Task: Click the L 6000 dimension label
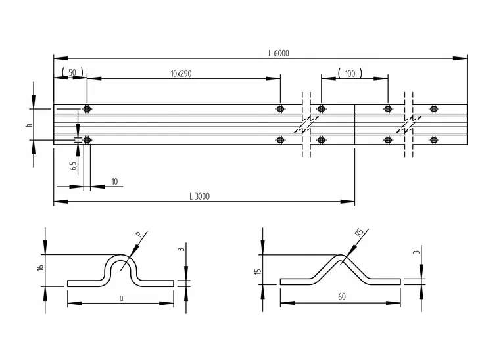pos(279,53)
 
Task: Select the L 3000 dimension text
pos(200,196)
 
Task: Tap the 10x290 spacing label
pos(181,74)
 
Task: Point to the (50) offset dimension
pos(72,72)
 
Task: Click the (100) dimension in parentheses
pos(350,74)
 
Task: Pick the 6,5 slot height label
pos(74,166)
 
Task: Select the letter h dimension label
pos(29,125)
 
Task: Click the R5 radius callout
pos(360,233)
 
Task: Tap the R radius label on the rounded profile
pos(139,235)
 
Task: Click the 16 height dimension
pos(40,267)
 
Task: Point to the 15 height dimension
pos(258,271)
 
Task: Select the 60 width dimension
pos(342,297)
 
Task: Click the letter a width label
pos(122,298)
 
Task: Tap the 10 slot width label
pos(114,182)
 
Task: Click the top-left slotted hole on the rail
pos(87,109)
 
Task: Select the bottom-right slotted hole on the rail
pos(433,140)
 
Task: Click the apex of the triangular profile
pos(341,255)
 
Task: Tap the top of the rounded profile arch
pos(120,255)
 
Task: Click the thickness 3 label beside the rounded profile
pos(182,249)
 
